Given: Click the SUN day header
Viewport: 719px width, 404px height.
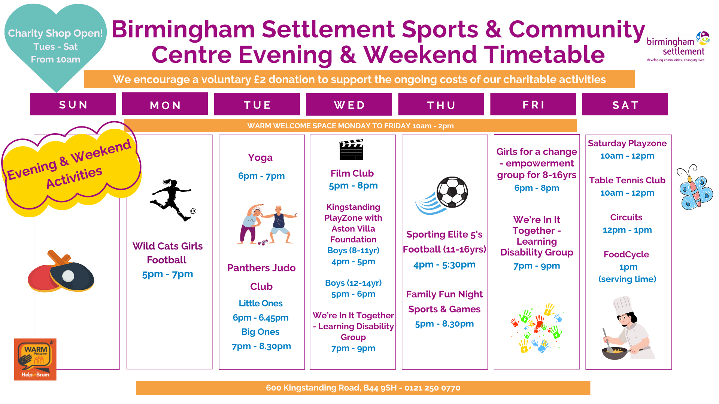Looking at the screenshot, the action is click(73, 104).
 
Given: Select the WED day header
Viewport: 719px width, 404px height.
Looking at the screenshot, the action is click(349, 105).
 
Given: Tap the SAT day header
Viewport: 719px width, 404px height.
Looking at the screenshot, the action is click(625, 104).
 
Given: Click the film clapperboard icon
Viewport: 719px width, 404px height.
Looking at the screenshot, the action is click(351, 150).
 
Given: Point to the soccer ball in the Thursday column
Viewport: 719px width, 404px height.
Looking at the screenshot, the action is click(452, 192).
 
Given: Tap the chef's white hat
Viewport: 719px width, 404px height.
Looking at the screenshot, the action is click(623, 305).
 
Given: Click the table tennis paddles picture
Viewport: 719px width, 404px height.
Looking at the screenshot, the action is click(61, 271).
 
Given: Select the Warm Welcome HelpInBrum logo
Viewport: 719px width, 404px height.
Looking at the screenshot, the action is click(35, 359).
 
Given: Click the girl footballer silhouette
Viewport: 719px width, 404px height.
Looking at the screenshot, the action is click(172, 200).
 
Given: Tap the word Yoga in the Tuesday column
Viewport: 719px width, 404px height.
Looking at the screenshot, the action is click(260, 157).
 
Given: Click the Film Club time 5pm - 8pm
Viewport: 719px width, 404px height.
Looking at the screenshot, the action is click(353, 186).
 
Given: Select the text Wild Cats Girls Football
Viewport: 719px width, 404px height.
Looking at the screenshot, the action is click(167, 253).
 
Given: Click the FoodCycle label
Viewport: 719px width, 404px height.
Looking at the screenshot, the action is click(626, 254).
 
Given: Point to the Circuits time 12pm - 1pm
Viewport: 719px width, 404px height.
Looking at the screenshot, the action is click(627, 230).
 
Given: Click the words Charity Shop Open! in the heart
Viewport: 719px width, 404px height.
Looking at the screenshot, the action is click(55, 33).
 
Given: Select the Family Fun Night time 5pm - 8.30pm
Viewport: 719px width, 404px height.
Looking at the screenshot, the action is click(445, 324).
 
